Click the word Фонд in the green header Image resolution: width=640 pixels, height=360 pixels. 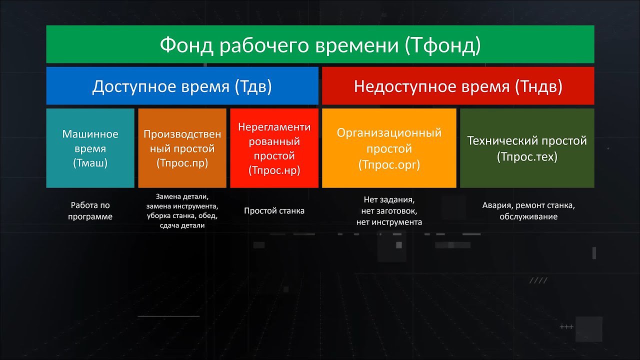pos(186,45)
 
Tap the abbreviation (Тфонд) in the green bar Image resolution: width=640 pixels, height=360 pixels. pos(443,45)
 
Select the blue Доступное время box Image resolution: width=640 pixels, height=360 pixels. pos(182,85)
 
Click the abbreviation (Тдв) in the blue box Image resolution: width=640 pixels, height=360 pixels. pos(253,86)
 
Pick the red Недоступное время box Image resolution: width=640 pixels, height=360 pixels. pos(458,85)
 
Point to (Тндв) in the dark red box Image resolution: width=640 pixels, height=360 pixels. pos(539,86)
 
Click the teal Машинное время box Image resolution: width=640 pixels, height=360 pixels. pos(90,148)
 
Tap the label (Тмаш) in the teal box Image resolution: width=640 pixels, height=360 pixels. pos(90,163)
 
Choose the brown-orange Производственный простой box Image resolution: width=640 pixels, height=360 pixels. pos(182,148)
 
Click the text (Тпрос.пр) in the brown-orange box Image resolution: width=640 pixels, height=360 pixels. pos(182,163)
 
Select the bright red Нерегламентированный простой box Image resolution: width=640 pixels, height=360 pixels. pos(274,148)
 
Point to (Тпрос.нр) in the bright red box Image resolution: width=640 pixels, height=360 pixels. pos(274,170)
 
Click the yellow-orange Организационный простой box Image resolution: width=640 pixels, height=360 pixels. pos(389,148)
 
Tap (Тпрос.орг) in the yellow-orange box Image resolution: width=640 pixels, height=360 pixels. pos(389,165)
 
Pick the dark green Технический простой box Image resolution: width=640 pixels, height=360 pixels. pos(527,148)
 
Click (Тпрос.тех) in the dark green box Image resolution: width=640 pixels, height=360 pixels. pos(527,157)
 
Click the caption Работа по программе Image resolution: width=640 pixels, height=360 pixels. pos(90,211)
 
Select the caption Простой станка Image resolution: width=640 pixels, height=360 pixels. pos(274,211)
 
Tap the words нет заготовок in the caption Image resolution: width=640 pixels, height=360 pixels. pos(389,211)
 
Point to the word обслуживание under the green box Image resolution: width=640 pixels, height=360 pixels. pos(528,216)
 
